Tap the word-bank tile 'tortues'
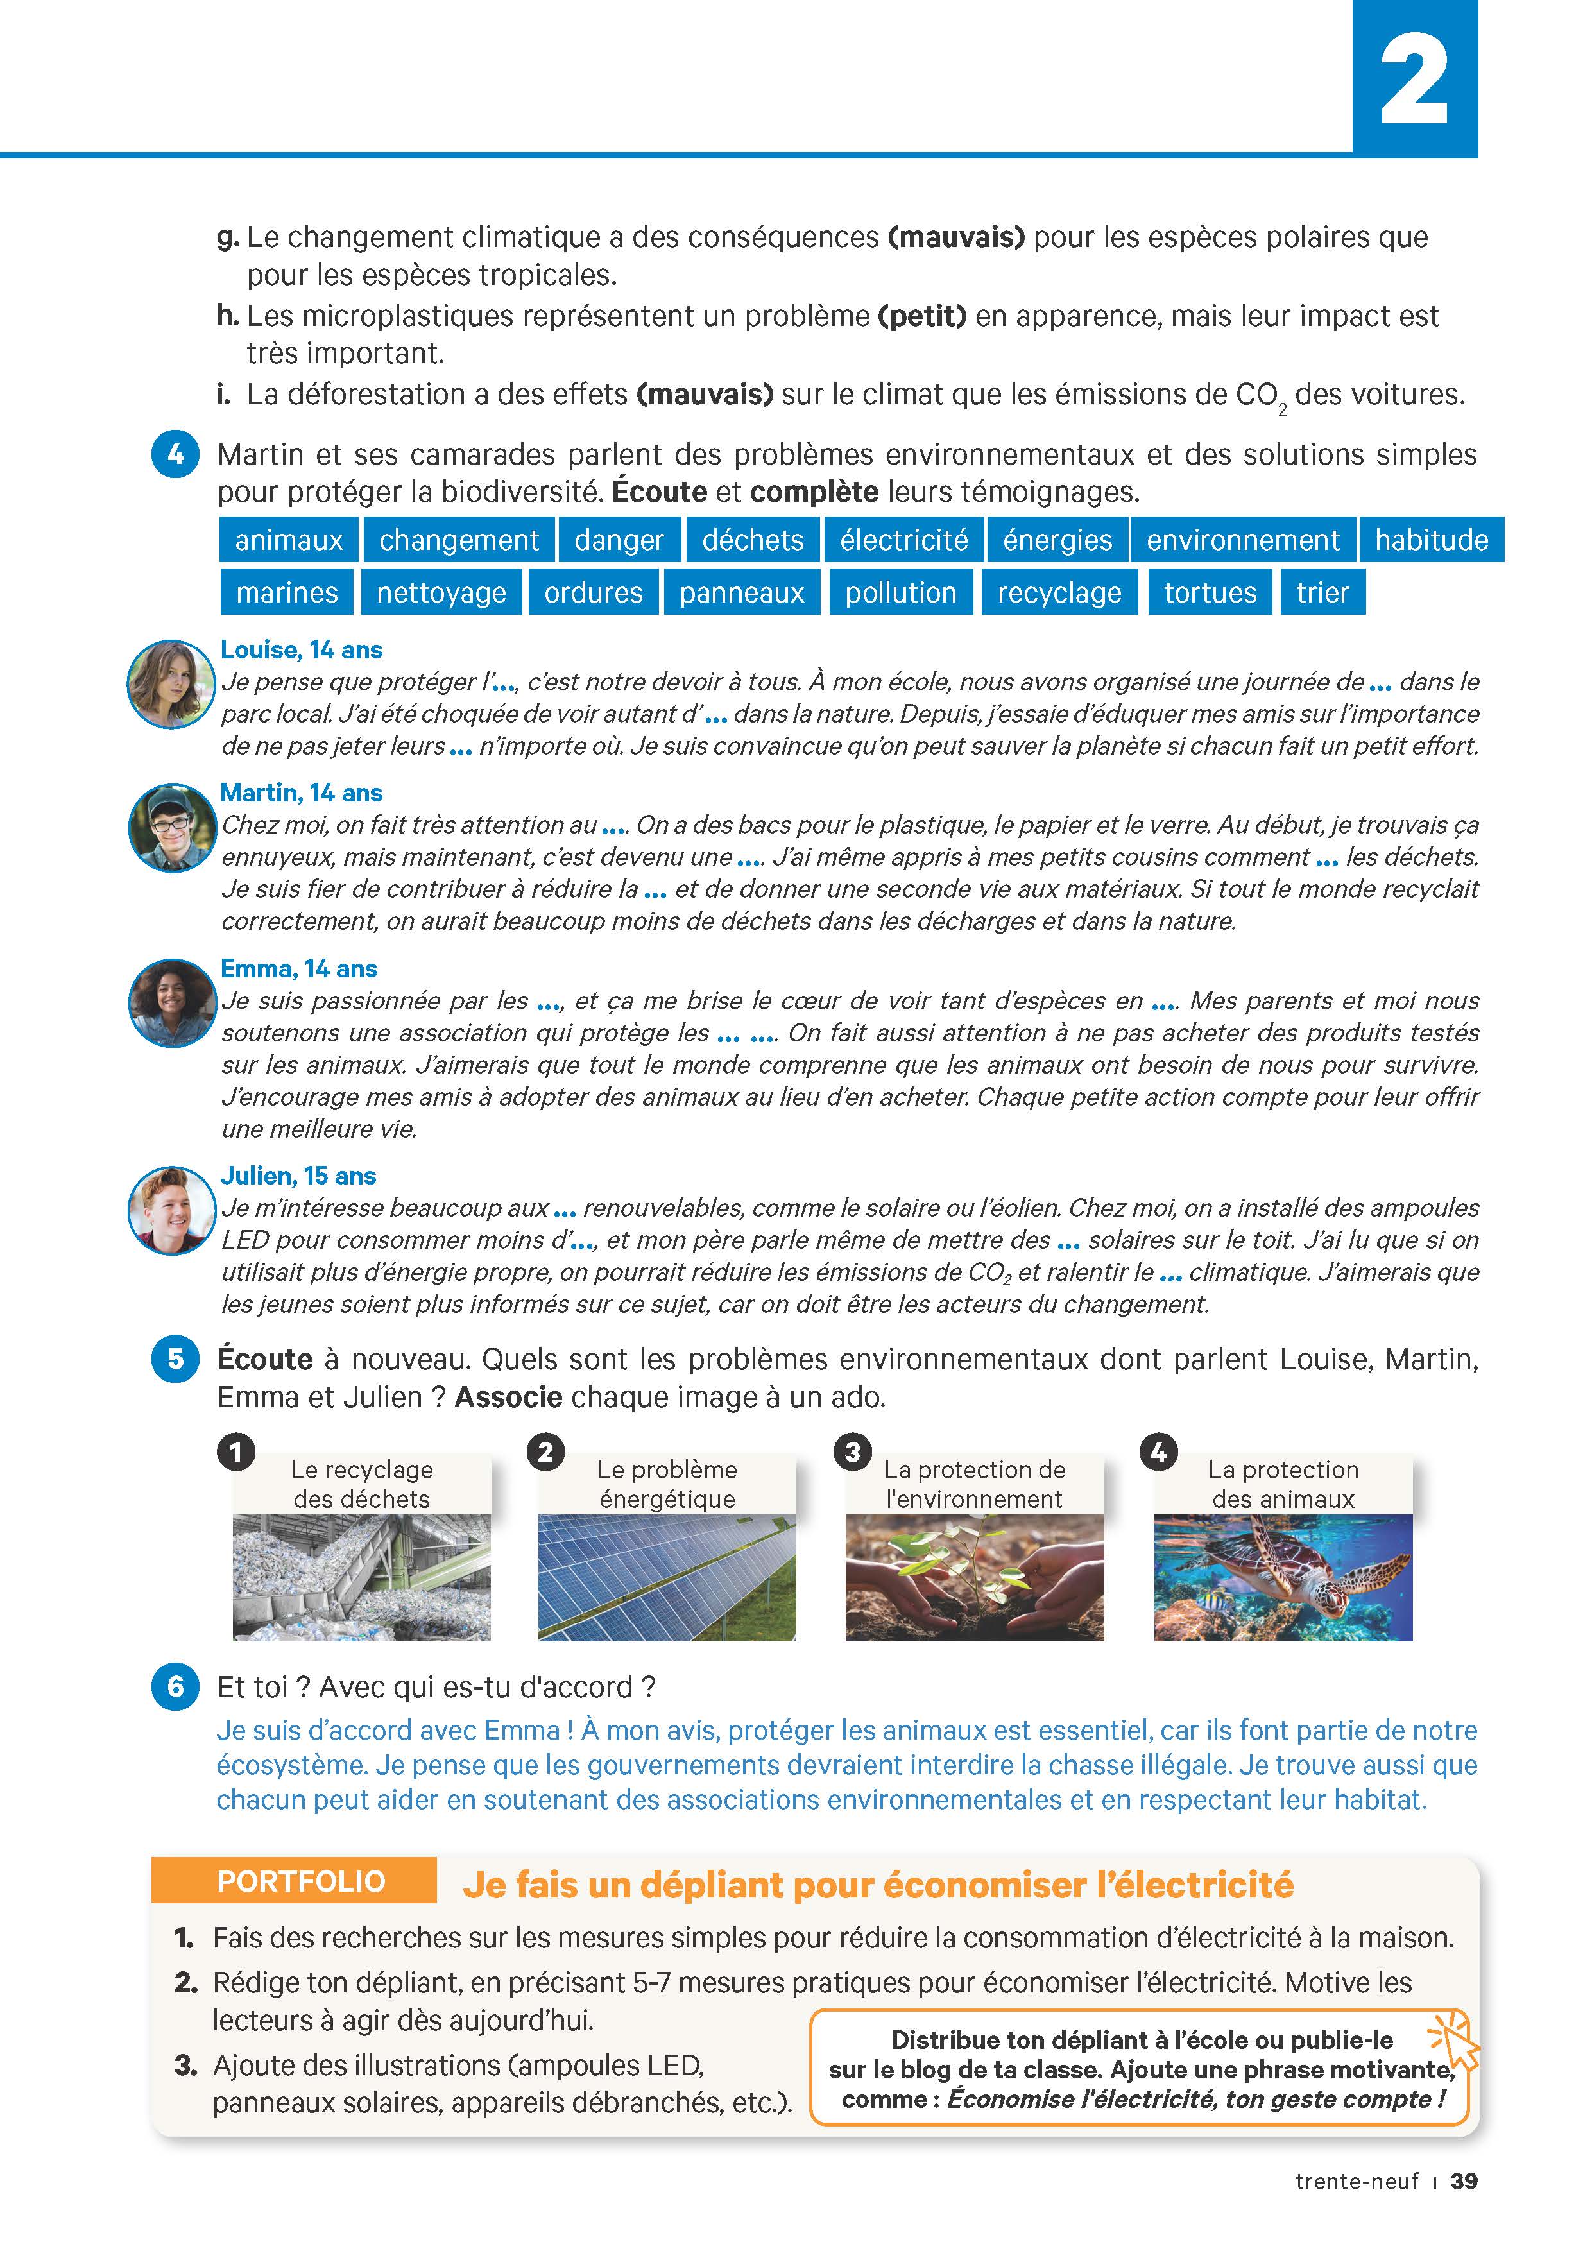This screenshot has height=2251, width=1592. coord(1210,593)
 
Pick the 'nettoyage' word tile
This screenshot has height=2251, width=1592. coord(441,593)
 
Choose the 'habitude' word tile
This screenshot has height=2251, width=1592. coord(1430,540)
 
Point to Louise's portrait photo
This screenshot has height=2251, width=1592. coord(171,684)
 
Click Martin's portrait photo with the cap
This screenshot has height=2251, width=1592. coord(171,828)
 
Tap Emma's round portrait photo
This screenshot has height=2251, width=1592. coord(171,1003)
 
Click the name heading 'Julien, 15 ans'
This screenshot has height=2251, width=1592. coord(298,1176)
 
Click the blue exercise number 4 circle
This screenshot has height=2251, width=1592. coord(175,455)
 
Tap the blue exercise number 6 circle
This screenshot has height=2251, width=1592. coord(175,1686)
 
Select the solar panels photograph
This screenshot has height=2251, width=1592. coord(667,1577)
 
